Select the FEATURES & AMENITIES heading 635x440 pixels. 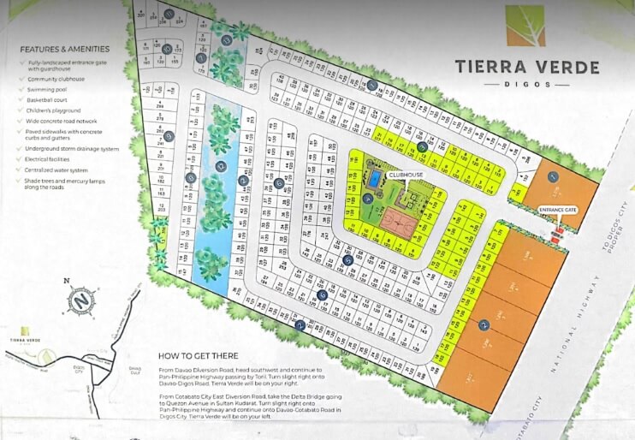coord(65,51)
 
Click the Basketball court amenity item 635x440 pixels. coord(54,99)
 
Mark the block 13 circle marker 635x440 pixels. coord(227,39)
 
